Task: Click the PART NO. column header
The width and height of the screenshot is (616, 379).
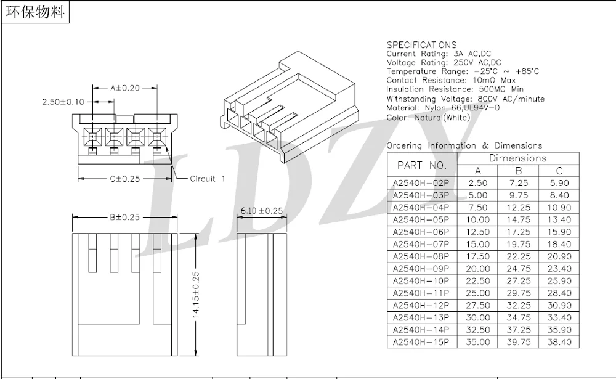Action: click(421, 165)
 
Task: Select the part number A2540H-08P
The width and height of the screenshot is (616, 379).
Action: click(421, 256)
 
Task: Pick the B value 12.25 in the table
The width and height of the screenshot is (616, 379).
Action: click(518, 208)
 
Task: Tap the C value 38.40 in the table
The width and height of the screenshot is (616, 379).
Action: click(559, 342)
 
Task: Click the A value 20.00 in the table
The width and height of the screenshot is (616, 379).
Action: click(478, 269)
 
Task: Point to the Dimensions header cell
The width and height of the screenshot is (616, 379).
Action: click(518, 159)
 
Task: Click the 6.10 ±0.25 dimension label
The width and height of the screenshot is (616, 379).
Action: click(261, 211)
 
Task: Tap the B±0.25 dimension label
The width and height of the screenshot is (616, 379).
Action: click(124, 216)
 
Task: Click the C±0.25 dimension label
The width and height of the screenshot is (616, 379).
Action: click(124, 179)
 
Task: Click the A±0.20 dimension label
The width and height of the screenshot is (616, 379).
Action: click(124, 88)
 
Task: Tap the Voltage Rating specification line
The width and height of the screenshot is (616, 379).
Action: click(444, 63)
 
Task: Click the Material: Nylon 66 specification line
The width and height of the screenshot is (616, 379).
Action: click(444, 108)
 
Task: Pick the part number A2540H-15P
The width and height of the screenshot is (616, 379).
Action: click(421, 342)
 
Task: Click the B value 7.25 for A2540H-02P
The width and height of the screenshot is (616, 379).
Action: click(518, 183)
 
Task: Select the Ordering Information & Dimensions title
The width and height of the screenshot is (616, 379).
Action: click(464, 146)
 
